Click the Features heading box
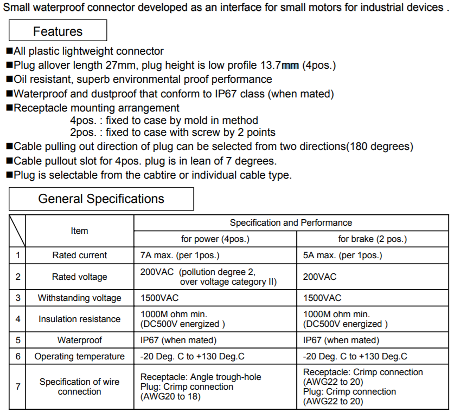coord(57,31)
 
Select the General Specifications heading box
coord(101,199)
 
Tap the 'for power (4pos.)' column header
coord(215,239)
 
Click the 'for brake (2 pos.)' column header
coord(372,239)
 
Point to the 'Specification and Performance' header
coord(291,222)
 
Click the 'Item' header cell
coord(79,231)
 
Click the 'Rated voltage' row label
coord(79,277)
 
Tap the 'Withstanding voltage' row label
coord(79,298)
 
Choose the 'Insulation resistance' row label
coord(79,319)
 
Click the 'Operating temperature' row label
coord(79,356)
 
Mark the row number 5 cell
coord(17,340)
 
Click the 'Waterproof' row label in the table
coord(79,340)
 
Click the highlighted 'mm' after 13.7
coord(290,65)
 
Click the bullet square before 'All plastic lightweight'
coord(9,51)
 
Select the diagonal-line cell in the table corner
coord(17,231)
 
